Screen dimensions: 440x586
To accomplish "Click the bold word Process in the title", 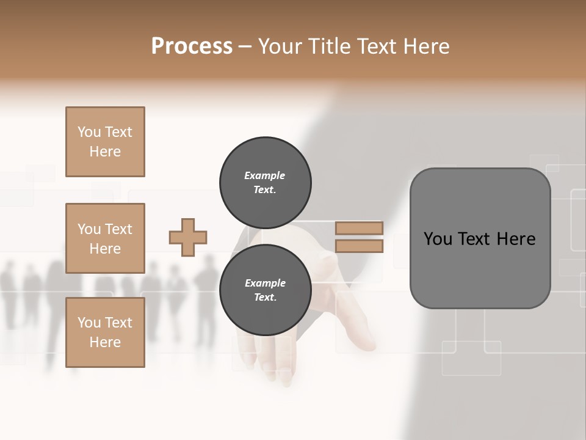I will pos(192,46).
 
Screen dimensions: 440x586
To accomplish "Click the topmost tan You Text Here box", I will pos(105,142).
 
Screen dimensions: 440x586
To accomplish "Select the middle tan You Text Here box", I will pos(105,238).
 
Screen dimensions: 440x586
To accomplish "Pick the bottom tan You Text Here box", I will pos(105,332).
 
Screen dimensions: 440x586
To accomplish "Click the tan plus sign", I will pos(188,237).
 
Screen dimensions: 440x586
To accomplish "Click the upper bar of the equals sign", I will pos(359,229).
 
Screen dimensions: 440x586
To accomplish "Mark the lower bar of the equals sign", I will pos(359,246).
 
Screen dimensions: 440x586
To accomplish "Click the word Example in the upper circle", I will pos(264,175).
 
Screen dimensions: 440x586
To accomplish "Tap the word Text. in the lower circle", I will pos(264,298).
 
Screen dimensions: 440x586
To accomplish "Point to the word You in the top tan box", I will pos(89,132).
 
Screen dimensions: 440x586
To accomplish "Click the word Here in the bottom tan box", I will pos(105,342).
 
